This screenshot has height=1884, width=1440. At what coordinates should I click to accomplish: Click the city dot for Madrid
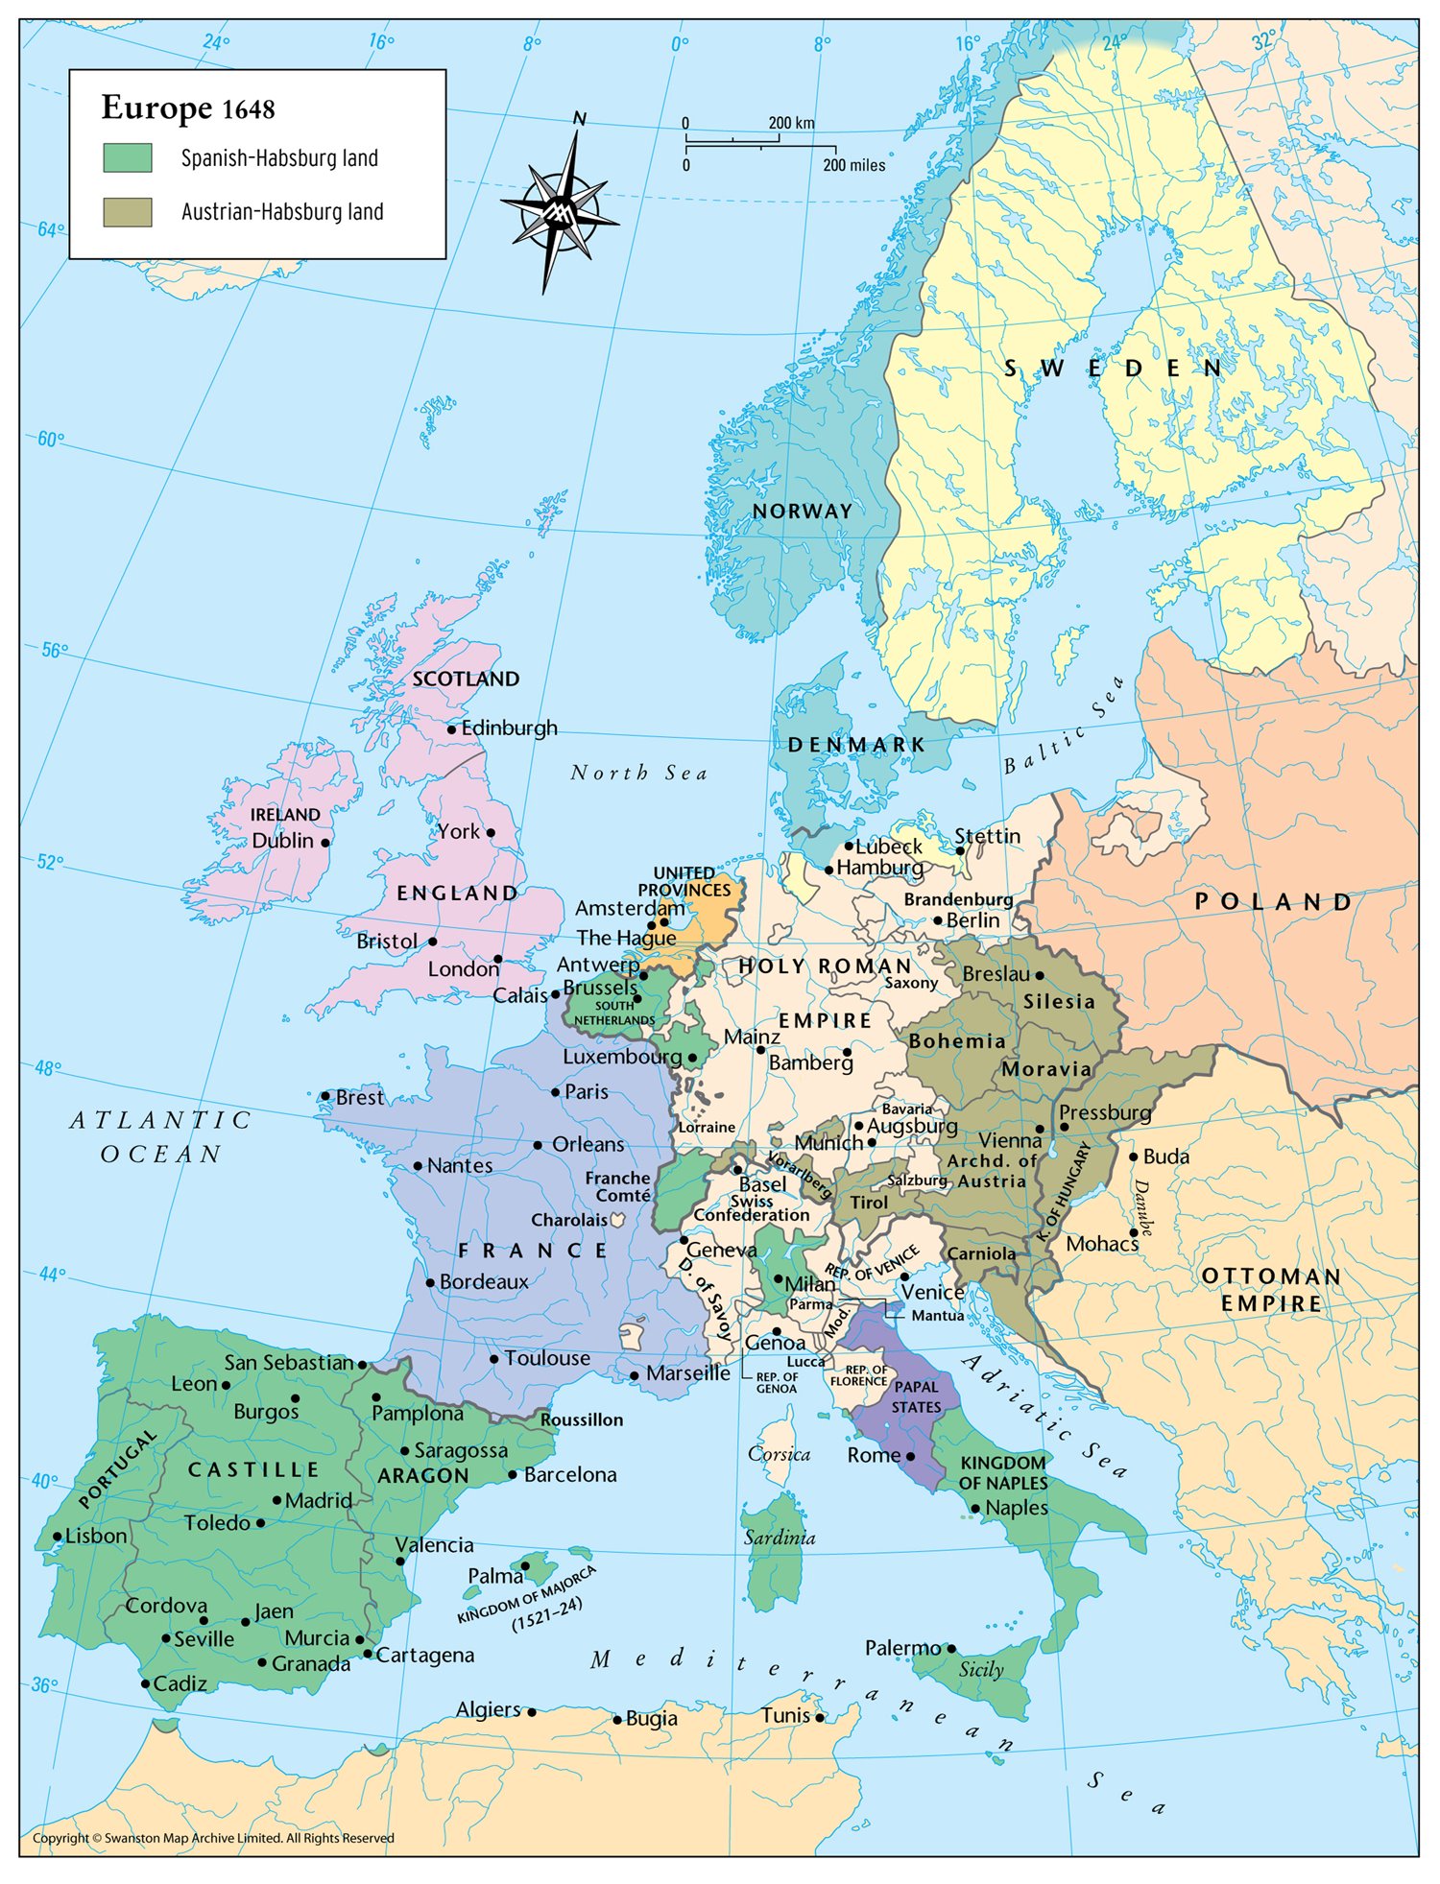pyautogui.click(x=277, y=1500)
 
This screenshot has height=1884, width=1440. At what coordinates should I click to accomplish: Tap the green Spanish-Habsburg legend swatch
pyautogui.click(x=128, y=158)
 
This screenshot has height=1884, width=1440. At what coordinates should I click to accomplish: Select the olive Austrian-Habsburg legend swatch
pyautogui.click(x=128, y=212)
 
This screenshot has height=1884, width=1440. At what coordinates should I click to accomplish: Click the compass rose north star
pyautogui.click(x=560, y=210)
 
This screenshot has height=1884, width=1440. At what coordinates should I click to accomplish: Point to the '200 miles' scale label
pyautogui.click(x=853, y=165)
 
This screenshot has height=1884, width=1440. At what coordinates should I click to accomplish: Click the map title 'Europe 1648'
pyautogui.click(x=188, y=108)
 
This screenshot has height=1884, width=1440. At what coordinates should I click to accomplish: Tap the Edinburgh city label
pyautogui.click(x=509, y=728)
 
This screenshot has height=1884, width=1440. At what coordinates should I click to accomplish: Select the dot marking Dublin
pyautogui.click(x=325, y=843)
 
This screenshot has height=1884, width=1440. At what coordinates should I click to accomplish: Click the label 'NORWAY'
pyautogui.click(x=803, y=512)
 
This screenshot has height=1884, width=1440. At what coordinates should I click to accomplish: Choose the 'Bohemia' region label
pyautogui.click(x=957, y=1041)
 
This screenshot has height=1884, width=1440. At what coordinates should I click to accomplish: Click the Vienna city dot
pyautogui.click(x=1040, y=1130)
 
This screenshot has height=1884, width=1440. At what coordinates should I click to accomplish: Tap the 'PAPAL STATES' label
pyautogui.click(x=916, y=1396)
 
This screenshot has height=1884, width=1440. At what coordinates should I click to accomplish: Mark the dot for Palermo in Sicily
pyautogui.click(x=951, y=1649)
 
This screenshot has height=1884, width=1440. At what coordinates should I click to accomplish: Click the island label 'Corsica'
pyautogui.click(x=779, y=1454)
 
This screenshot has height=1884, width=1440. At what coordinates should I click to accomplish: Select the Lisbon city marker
pyautogui.click(x=58, y=1537)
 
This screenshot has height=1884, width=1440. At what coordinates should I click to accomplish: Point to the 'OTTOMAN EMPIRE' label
pyautogui.click(x=1271, y=1290)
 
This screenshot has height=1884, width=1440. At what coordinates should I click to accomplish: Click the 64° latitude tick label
pyautogui.click(x=50, y=230)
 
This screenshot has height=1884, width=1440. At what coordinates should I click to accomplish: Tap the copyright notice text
pyautogui.click(x=213, y=1838)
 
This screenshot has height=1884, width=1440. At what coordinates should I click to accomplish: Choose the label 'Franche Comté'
pyautogui.click(x=619, y=1186)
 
